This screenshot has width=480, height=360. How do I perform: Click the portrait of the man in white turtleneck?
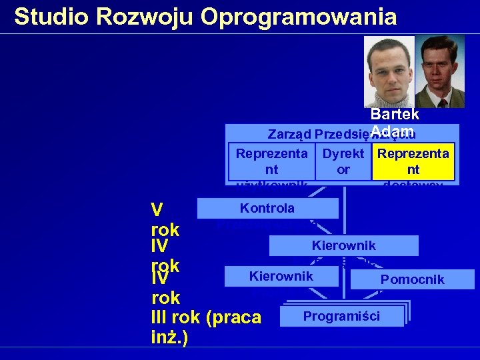pos(389,71)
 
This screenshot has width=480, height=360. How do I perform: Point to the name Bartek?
pos(394,115)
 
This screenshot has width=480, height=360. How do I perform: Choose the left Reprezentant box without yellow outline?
pos(272,162)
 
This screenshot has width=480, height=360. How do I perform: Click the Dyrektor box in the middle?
pos(343,162)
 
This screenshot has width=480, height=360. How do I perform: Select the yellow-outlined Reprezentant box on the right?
pos(413,162)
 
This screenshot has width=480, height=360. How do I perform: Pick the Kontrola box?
pos(267,208)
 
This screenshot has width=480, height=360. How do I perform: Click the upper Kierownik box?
pos(343,245)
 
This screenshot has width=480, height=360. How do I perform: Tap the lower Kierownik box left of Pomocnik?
pos(281,276)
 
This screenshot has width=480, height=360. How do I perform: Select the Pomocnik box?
pos(412,279)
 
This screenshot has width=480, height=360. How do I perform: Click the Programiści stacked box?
pos(341,315)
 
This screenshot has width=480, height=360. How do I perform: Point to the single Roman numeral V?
pos(157,211)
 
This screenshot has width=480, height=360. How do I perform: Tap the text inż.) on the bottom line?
pos(169,337)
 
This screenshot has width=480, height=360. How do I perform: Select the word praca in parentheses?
pos(233,318)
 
